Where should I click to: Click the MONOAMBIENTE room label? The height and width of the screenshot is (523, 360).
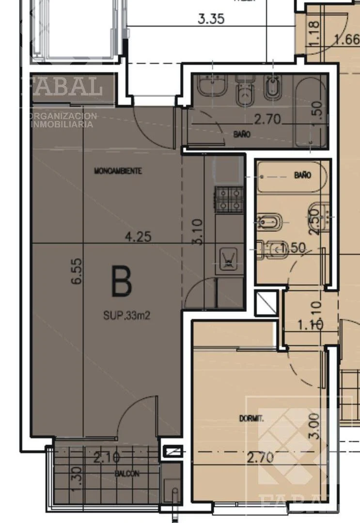[118, 171]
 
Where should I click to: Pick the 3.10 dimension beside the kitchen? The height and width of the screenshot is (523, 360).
[197, 232]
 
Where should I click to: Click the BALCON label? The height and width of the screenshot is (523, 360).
[127, 474]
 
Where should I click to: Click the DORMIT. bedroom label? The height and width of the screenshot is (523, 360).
[251, 418]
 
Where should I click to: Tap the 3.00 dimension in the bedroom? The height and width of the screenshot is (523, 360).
[315, 426]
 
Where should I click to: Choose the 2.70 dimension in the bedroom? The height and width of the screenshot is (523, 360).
[261, 457]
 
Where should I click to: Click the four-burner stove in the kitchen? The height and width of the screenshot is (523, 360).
[229, 200]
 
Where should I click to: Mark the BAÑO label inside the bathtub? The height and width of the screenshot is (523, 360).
[303, 175]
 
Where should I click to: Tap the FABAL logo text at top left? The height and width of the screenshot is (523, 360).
[62, 86]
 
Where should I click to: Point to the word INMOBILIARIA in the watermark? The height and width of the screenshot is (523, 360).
[62, 124]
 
